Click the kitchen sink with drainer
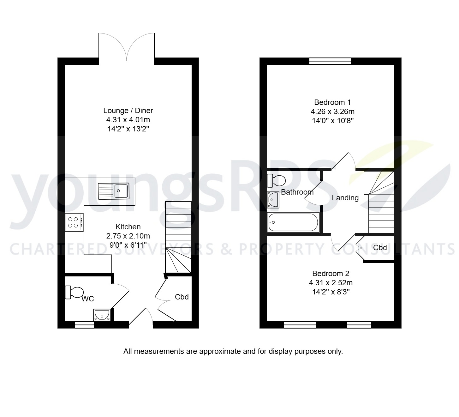[x=114, y=191]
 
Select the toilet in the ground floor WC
[x=74, y=292]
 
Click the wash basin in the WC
[x=102, y=315]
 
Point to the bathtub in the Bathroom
[x=293, y=223]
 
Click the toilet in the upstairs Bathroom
[x=276, y=181]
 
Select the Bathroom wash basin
[x=273, y=200]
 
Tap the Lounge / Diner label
[x=128, y=111]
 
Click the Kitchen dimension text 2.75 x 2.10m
[x=128, y=236]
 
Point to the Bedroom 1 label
[x=332, y=102]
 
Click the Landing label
[x=345, y=198]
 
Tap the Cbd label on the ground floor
[x=182, y=297]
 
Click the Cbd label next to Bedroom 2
[x=380, y=248]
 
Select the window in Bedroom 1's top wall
[x=330, y=61]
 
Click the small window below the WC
[x=84, y=324]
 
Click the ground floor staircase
[x=178, y=237]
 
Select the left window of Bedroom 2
[x=300, y=324]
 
